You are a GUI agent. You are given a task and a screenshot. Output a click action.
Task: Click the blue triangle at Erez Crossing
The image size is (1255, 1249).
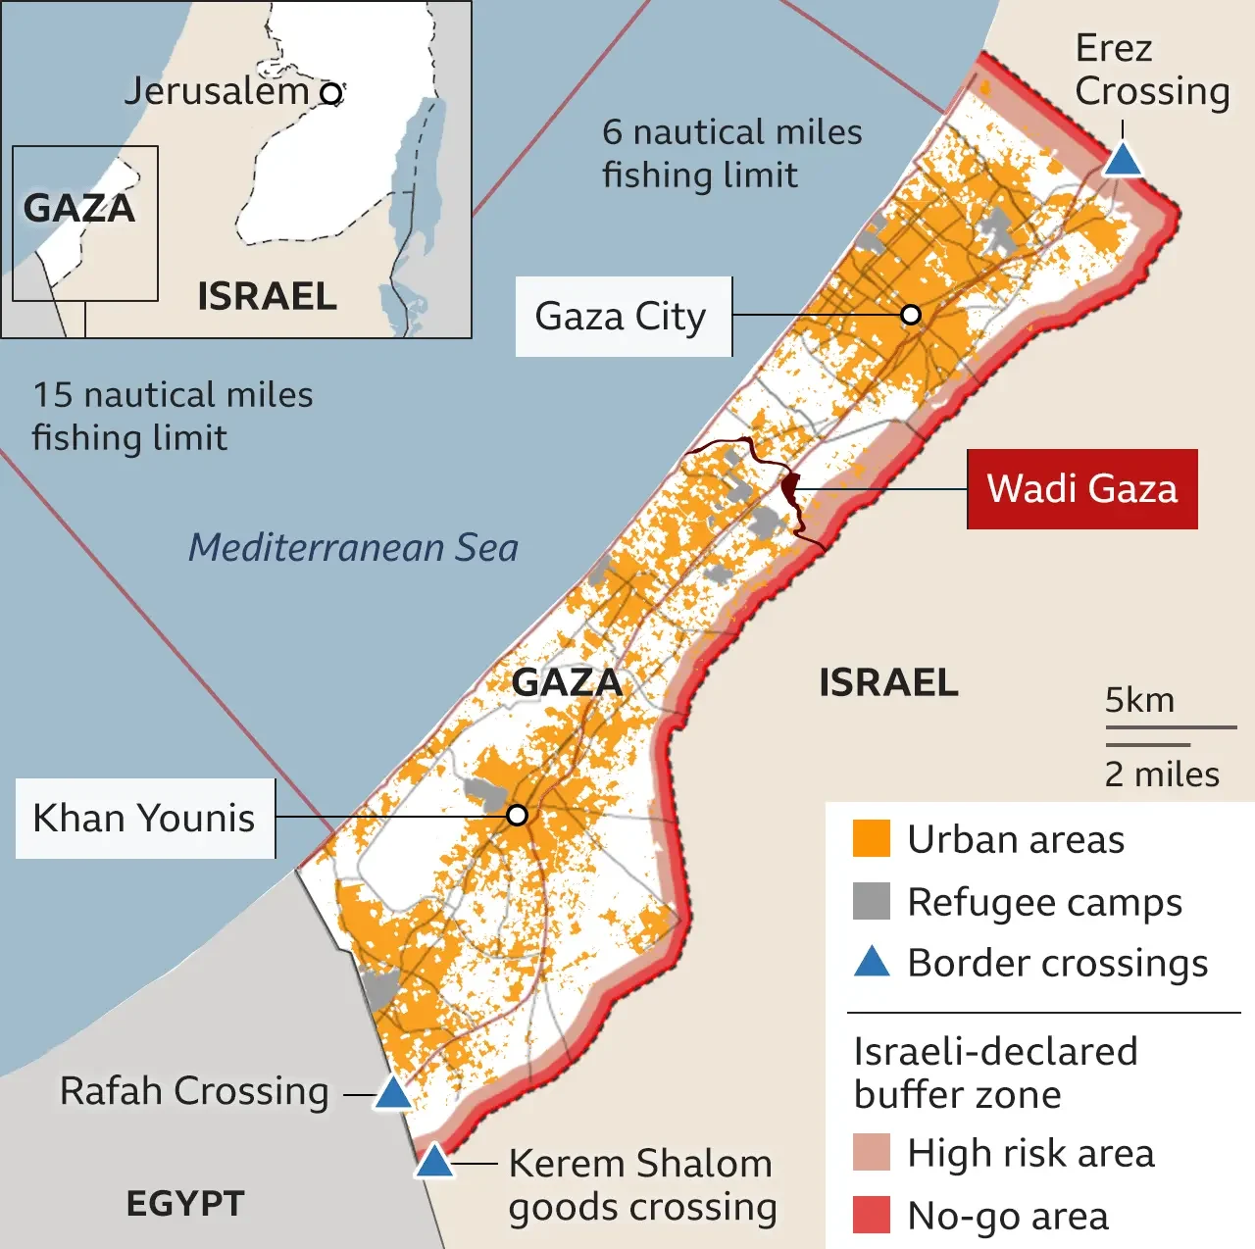[x=1122, y=160]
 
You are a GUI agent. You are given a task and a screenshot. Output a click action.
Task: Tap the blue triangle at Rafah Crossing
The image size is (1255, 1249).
[x=393, y=1093]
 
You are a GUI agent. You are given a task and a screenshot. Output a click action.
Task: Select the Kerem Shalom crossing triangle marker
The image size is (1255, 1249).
[x=433, y=1162]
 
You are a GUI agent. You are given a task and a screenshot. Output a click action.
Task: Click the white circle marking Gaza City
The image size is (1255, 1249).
[x=911, y=315]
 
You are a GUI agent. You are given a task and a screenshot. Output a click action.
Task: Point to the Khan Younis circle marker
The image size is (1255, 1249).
[x=518, y=816]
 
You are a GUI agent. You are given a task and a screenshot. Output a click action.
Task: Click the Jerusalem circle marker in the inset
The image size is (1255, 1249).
[x=332, y=94]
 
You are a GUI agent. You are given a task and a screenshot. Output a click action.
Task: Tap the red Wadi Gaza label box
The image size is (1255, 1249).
[x=1081, y=488]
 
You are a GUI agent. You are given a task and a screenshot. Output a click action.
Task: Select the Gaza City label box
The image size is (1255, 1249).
[x=623, y=317]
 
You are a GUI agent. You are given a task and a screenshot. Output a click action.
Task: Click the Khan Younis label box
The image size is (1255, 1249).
[x=145, y=818]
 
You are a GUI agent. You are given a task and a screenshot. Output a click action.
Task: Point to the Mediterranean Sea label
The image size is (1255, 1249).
[x=353, y=547]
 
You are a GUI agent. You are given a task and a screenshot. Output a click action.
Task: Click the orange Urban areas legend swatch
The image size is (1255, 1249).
[x=871, y=839]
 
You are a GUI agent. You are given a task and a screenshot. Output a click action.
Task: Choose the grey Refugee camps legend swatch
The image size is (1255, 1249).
[x=871, y=901]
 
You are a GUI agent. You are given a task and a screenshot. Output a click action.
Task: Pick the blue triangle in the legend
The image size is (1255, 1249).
[x=871, y=962]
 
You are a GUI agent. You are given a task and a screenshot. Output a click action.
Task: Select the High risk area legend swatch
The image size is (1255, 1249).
[x=871, y=1153]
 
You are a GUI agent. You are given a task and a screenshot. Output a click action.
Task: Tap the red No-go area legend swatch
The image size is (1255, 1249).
[x=871, y=1215]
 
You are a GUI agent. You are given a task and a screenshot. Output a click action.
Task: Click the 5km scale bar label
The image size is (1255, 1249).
[x=1139, y=700]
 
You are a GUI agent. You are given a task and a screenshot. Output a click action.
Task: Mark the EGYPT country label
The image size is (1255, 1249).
[x=185, y=1203]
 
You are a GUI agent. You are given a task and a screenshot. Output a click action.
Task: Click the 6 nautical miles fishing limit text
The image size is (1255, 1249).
[x=731, y=153]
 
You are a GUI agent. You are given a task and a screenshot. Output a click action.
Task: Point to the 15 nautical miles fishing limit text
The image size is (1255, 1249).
[x=173, y=416]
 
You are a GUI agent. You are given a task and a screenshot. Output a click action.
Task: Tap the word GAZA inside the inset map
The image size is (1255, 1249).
[x=79, y=208]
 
